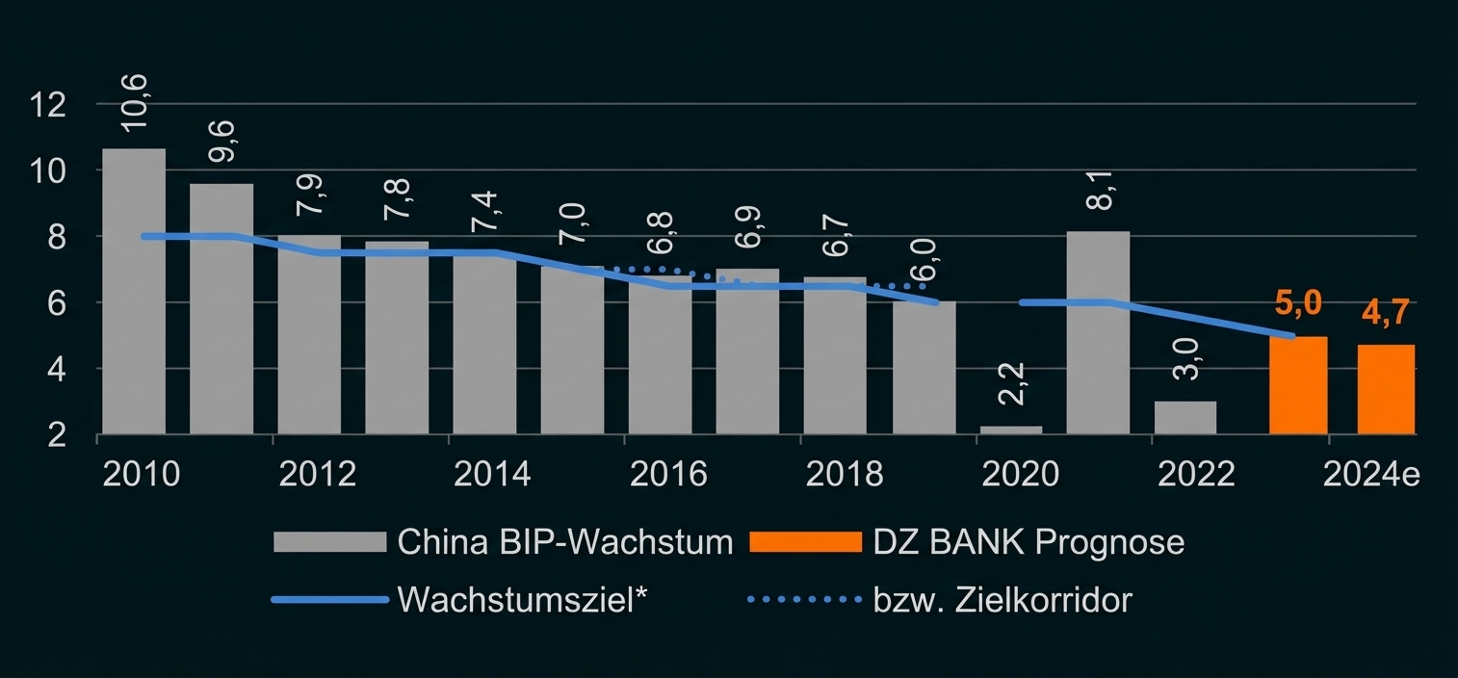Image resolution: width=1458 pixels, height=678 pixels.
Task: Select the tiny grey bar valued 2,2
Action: coord(1011,430)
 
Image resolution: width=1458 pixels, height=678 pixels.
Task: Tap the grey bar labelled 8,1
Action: coord(1098,332)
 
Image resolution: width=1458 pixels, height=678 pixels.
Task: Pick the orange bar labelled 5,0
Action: coord(1298,385)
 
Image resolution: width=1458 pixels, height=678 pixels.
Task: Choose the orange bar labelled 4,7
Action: coord(1386,389)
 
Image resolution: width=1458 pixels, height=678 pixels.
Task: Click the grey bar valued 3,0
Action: coord(1185,418)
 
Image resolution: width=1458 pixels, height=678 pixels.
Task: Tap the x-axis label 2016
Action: coord(668,474)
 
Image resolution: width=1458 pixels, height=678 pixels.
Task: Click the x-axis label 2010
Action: coord(141,474)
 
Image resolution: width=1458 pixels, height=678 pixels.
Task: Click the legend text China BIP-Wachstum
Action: coord(564,541)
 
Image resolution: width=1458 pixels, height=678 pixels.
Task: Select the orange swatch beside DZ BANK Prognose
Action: coord(804,541)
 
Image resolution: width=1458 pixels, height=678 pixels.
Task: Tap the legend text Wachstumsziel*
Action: coord(520,599)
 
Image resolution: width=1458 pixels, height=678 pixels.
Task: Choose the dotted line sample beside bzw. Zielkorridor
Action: coord(804,599)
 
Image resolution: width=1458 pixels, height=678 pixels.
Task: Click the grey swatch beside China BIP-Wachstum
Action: coord(329,541)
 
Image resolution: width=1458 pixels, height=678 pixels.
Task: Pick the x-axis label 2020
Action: coord(1019,474)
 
